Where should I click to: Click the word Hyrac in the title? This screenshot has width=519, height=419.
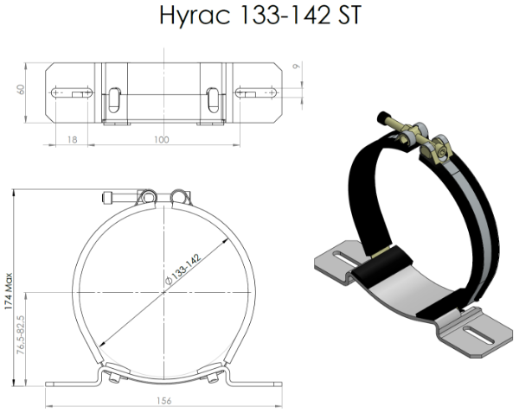(195, 15)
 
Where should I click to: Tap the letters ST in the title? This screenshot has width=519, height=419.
(349, 15)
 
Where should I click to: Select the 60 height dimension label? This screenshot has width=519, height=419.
(21, 90)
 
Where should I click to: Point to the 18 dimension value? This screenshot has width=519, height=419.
(72, 140)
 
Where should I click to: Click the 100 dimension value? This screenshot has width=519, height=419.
(162, 140)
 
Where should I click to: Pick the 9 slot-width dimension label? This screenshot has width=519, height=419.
(297, 67)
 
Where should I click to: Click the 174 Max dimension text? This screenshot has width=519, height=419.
(9, 291)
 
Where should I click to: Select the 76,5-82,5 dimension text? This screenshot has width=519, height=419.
(21, 334)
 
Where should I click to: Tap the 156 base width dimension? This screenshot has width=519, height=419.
(163, 401)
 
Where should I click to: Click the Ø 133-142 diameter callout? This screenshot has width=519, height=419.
(183, 269)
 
